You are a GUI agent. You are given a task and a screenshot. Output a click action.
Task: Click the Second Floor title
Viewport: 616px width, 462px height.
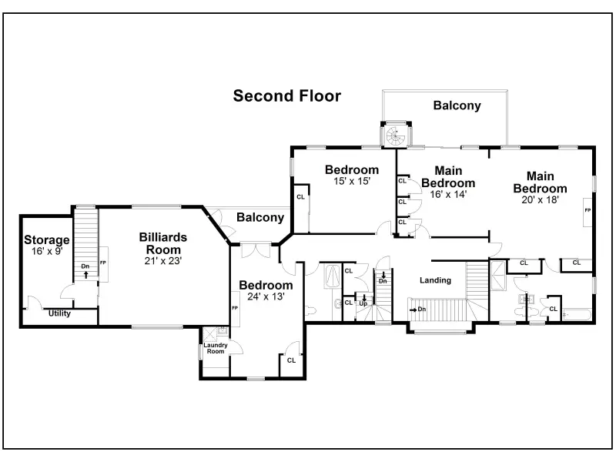(x=286, y=95)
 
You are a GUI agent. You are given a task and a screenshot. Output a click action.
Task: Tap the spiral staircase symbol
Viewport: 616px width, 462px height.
(x=396, y=136)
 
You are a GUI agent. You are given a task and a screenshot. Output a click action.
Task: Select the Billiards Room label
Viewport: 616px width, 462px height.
(x=163, y=243)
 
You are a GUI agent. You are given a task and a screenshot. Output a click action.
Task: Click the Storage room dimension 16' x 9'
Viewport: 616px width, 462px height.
(x=47, y=251)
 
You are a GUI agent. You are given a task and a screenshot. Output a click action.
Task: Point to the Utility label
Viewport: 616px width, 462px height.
(x=59, y=313)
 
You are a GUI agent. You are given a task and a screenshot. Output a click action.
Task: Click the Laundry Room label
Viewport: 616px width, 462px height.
(x=216, y=348)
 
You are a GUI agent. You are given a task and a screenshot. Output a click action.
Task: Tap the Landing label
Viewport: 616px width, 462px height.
(x=435, y=280)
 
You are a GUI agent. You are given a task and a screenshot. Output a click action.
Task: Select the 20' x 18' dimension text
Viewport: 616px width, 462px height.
(x=541, y=199)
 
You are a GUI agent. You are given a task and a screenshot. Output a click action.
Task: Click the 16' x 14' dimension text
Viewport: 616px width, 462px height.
(x=448, y=194)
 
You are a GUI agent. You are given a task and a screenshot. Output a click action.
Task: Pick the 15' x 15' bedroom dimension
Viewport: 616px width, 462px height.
(x=352, y=181)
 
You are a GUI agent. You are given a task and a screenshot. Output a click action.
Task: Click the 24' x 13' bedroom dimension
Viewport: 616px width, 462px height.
(x=266, y=296)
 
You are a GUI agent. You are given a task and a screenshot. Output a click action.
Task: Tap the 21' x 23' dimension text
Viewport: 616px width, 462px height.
(x=163, y=261)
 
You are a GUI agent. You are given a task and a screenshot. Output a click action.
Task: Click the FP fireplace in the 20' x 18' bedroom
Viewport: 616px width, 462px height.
(x=588, y=211)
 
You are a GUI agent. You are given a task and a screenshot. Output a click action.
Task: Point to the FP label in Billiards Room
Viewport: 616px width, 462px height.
(x=103, y=263)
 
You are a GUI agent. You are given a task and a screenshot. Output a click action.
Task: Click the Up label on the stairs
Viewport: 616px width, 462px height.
(x=363, y=303)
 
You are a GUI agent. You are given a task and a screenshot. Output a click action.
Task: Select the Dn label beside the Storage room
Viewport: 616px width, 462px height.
(x=85, y=266)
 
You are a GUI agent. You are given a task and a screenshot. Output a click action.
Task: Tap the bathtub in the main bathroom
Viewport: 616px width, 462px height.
(x=577, y=315)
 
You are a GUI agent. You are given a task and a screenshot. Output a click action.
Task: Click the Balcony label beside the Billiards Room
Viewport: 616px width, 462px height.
(x=260, y=217)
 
